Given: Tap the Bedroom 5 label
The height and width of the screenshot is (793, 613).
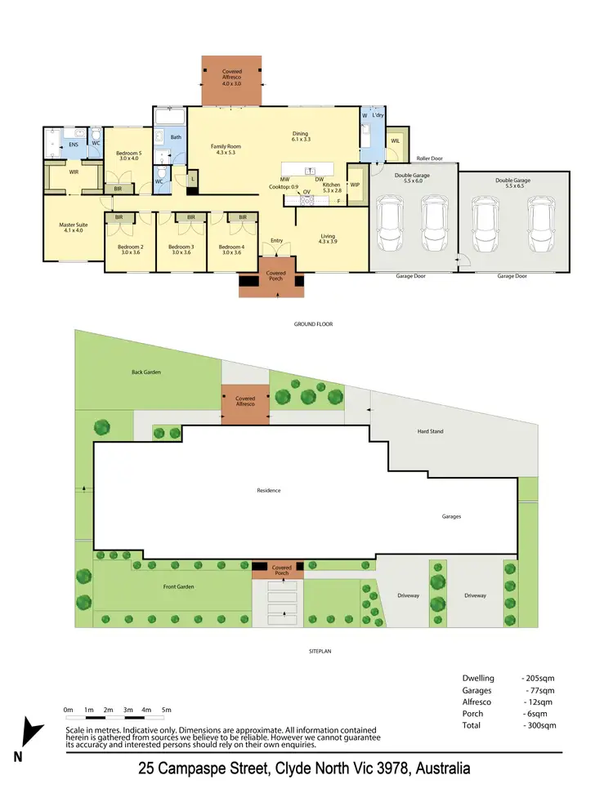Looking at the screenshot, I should (128, 153).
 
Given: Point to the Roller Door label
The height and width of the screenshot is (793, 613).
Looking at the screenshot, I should (429, 158).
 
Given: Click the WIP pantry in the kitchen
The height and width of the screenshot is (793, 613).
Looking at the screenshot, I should (355, 185).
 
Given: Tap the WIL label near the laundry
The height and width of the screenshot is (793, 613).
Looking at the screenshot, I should (396, 141).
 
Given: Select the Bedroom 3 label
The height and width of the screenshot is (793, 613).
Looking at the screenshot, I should (180, 247).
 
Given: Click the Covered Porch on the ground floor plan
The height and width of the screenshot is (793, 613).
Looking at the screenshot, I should (275, 273).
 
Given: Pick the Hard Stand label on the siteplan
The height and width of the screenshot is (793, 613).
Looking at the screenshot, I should (430, 431).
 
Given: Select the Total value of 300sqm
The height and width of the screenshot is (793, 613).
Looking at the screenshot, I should (539, 725).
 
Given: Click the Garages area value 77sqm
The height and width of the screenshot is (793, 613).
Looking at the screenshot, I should (539, 690).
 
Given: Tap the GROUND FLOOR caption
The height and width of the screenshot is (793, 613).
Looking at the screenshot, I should (314, 324).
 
